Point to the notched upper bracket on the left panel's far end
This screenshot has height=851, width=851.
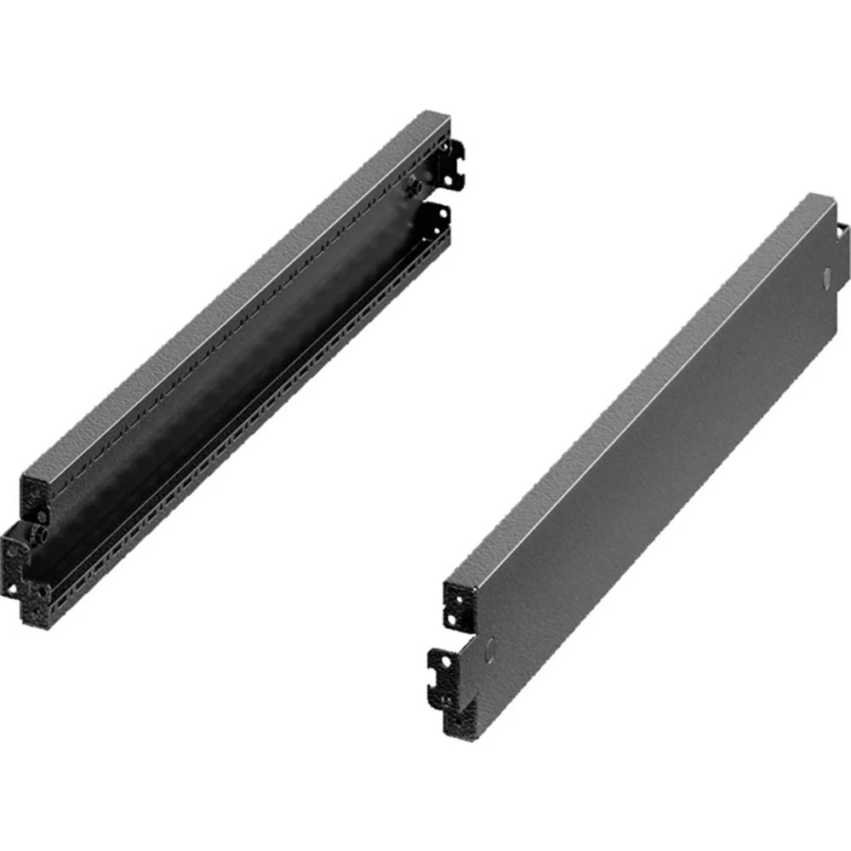(453, 162)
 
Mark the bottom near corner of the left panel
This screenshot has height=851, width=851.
(34, 622)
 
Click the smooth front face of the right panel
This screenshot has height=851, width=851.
(647, 477)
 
